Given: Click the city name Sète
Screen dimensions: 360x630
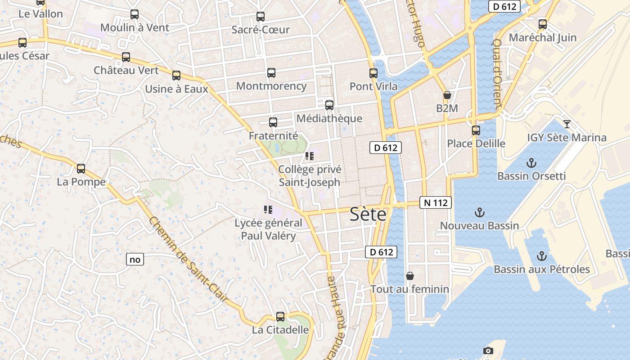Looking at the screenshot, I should pos(368,215).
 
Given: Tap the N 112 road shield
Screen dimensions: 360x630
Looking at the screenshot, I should pos(436,202).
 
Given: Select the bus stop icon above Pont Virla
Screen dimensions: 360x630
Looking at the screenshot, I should pos(373,73).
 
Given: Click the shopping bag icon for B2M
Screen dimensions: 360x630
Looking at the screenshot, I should pos(447,95).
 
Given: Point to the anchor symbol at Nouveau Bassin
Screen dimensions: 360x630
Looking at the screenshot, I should pos(480,212).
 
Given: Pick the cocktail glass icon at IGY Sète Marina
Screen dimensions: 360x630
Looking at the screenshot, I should pos(567,124).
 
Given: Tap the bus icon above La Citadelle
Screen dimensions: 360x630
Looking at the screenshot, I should pos(280,317).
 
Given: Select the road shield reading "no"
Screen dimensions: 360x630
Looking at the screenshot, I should pos(135,259).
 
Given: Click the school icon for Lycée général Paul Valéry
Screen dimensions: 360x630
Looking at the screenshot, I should pos(268,210).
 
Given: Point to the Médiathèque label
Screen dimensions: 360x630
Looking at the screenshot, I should pos(329,118).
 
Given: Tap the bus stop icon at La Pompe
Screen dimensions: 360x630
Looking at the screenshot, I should pos(81,169).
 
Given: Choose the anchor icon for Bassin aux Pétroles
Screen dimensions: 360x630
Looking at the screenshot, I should pos(542,256).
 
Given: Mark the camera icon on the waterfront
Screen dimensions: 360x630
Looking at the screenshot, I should pos(488,351).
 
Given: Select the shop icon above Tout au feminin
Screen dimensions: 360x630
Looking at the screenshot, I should pos(410,275).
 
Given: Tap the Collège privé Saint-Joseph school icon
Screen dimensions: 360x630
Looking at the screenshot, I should pos(309,156).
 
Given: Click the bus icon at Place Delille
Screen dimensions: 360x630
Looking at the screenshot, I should pos(476,130).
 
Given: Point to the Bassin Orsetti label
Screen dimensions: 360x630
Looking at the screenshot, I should pos(531,175).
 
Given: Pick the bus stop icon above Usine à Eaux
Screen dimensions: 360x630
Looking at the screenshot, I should pos(176,76).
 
